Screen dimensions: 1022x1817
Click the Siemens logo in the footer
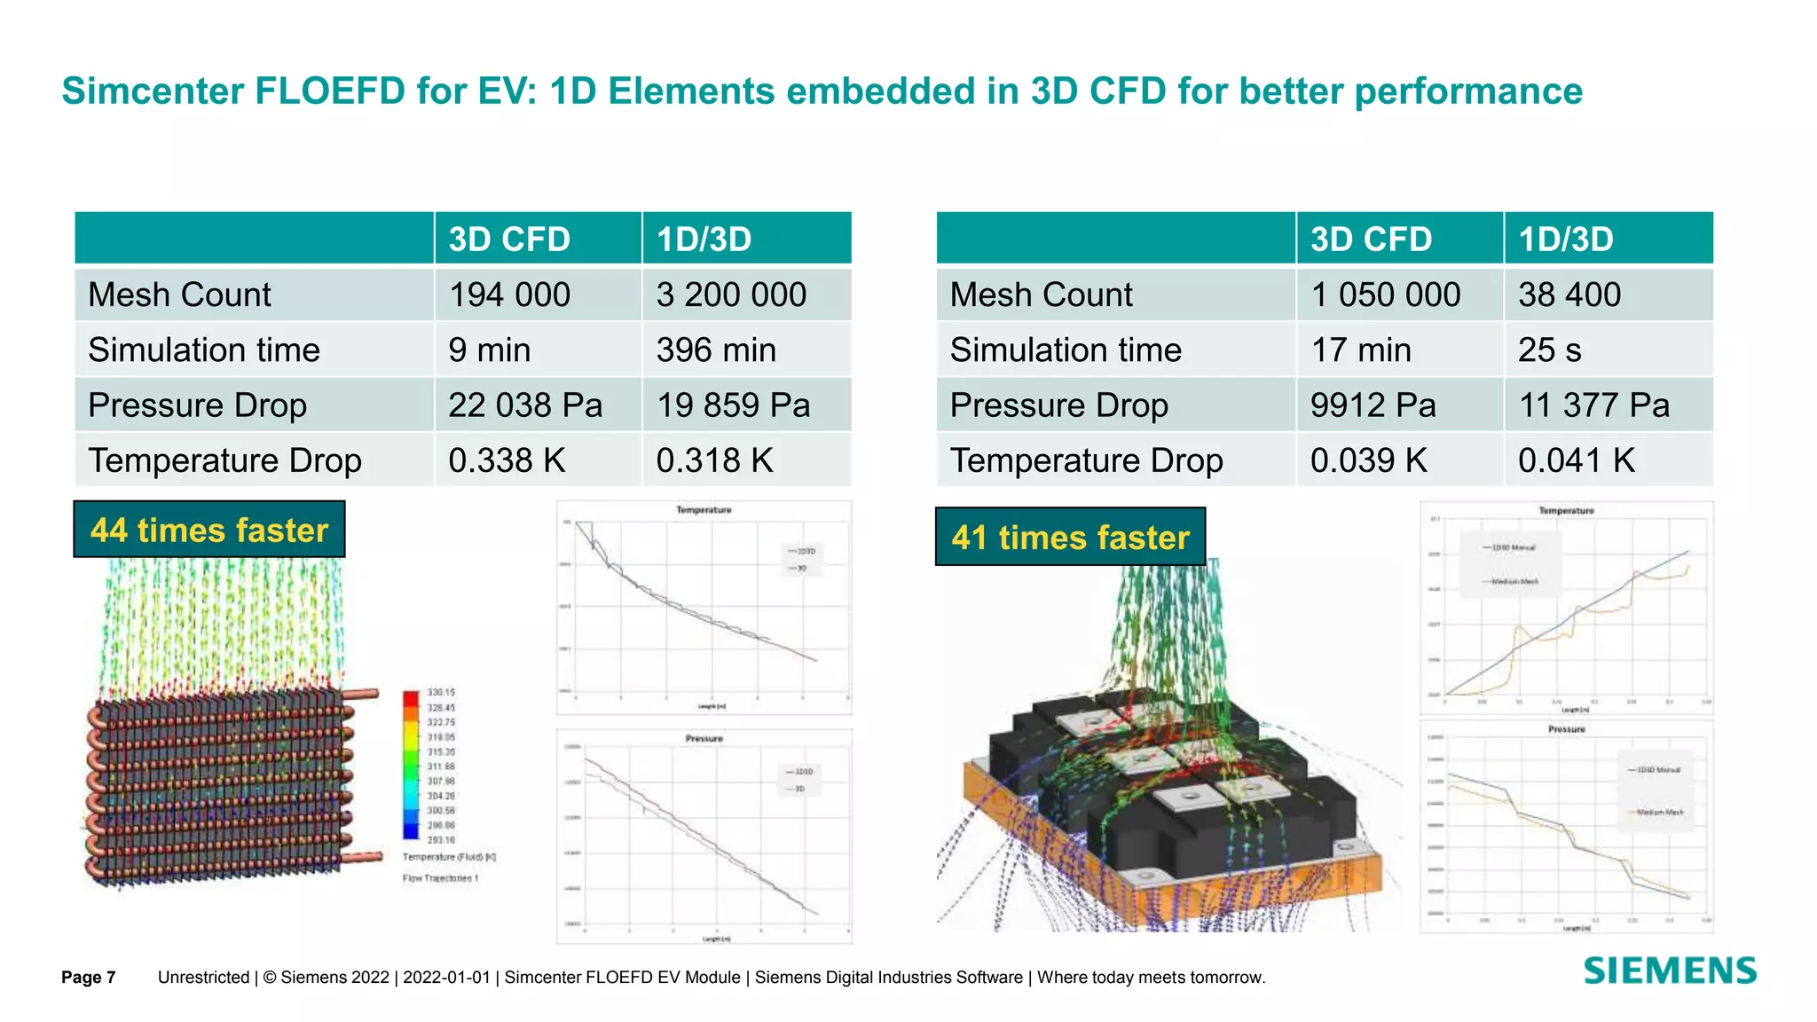click(x=1670, y=971)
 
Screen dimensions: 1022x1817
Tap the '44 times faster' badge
click(x=209, y=530)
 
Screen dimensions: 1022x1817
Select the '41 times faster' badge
click(x=1070, y=537)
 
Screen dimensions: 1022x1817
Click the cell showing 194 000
click(x=509, y=295)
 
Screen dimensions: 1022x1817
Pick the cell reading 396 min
click(x=716, y=350)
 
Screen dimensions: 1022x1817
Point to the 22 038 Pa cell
click(x=525, y=405)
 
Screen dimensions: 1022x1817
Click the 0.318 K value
click(x=714, y=460)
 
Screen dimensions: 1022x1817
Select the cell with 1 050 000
click(x=1385, y=295)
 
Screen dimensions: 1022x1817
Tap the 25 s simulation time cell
click(x=1549, y=350)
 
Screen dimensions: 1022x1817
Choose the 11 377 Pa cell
click(x=1593, y=405)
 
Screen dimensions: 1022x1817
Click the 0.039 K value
click(x=1368, y=460)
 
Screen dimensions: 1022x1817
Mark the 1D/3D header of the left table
click(x=704, y=240)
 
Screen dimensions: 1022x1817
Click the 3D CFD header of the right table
click(x=1371, y=240)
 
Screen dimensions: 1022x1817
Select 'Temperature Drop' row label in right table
click(x=1086, y=460)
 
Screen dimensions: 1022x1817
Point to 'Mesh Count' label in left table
click(x=179, y=295)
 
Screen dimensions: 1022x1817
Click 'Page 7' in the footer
click(x=89, y=978)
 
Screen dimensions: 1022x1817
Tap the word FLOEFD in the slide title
click(x=330, y=91)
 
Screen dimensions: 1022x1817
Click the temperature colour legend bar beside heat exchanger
click(x=411, y=765)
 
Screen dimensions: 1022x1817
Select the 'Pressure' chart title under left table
click(x=704, y=738)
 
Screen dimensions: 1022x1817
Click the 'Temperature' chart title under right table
click(x=1566, y=511)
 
